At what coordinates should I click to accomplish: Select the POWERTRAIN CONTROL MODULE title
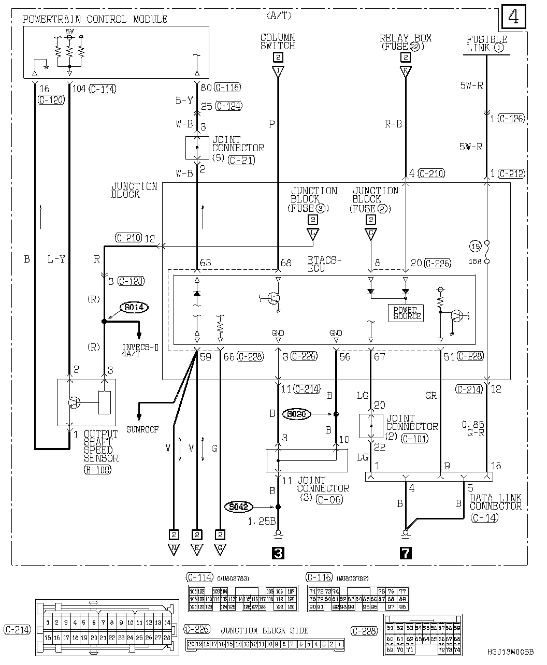[x=95, y=20]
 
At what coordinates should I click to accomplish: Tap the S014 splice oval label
[x=134, y=308]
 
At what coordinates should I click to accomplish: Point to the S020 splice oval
[x=297, y=414]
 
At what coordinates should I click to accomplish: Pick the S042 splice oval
[x=239, y=507]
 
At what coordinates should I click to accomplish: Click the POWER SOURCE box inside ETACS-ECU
[x=406, y=313]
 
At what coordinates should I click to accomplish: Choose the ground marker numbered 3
[x=278, y=553]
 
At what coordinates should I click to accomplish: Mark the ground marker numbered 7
[x=406, y=553]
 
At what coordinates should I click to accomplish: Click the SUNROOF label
[x=142, y=429]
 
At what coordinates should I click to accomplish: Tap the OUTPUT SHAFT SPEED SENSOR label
[x=101, y=446]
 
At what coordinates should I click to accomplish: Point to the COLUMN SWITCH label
[x=278, y=41]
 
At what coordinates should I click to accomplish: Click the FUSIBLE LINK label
[x=486, y=44]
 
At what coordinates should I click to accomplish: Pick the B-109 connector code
[x=97, y=470]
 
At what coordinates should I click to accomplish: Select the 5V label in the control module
[x=69, y=32]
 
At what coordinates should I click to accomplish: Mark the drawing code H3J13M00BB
[x=510, y=653]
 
